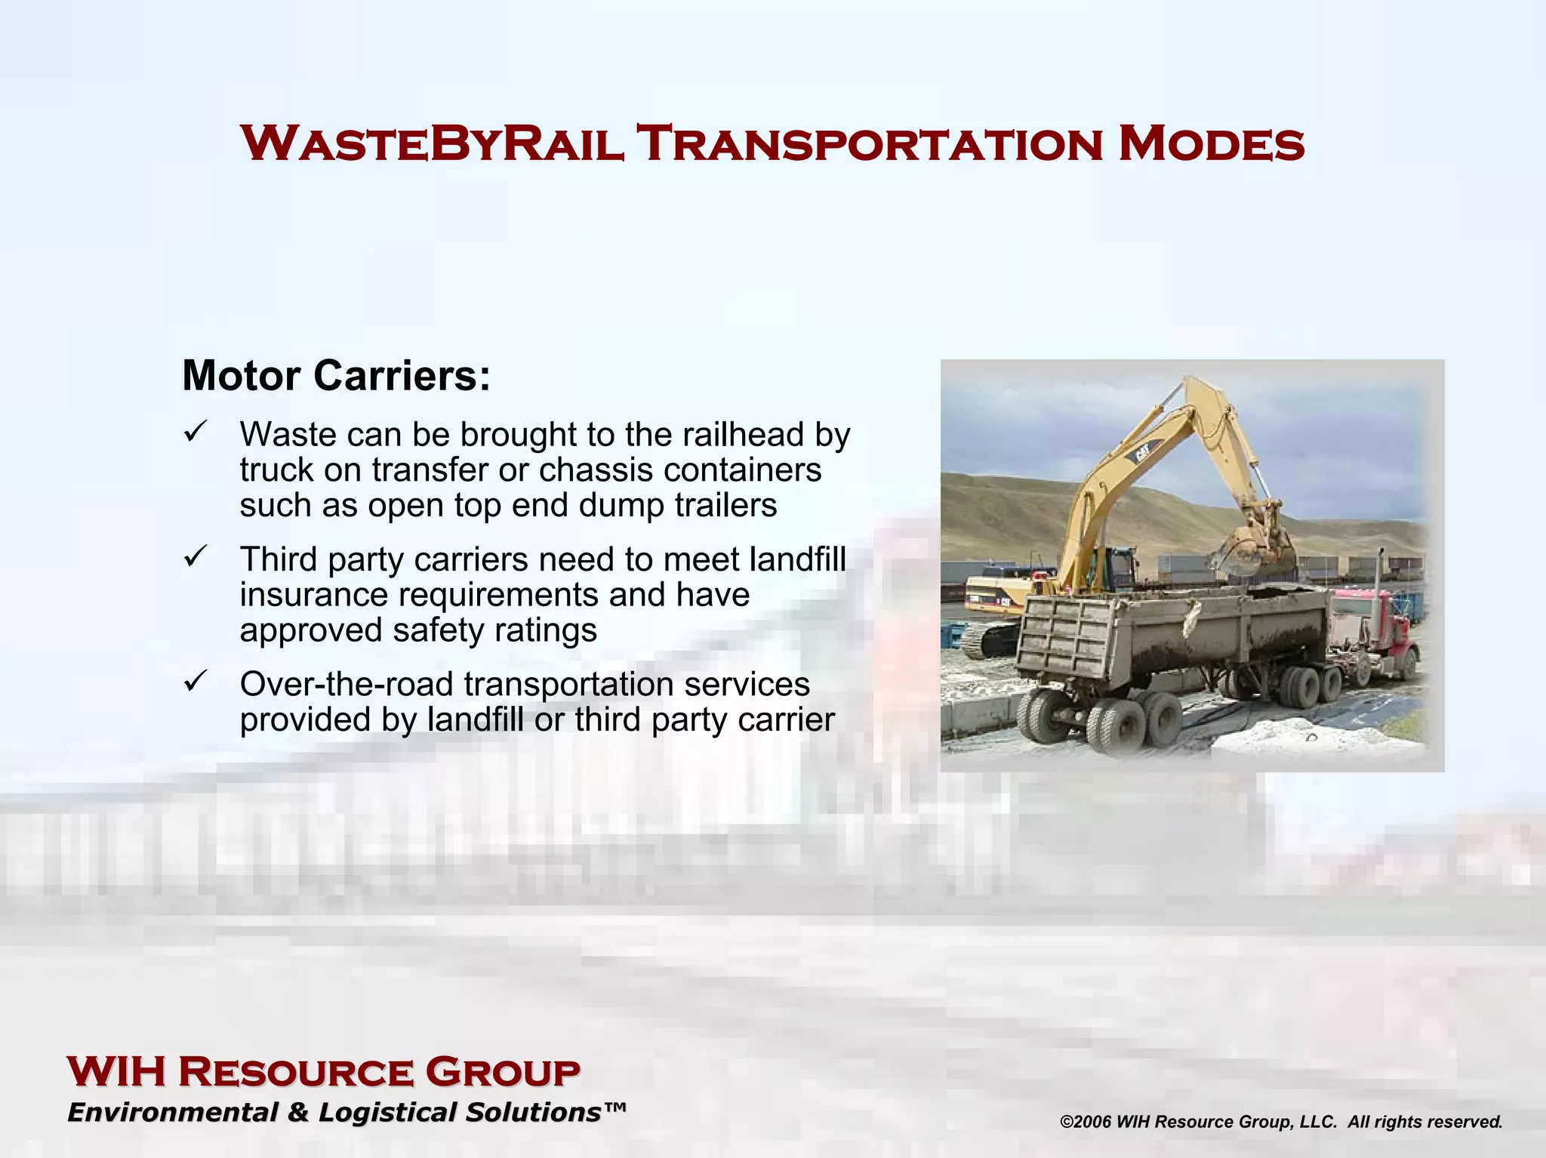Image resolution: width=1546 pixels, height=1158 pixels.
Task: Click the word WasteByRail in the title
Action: [432, 143]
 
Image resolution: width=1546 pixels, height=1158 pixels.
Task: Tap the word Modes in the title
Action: [1211, 143]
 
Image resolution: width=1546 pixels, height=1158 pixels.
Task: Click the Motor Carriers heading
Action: [336, 375]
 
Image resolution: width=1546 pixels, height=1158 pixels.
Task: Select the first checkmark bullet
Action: [194, 433]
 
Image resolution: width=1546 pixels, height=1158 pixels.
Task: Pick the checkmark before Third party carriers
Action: [194, 558]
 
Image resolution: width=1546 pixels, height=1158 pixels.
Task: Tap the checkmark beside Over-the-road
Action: [194, 682]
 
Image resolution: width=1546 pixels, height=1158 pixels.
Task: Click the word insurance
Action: [315, 595]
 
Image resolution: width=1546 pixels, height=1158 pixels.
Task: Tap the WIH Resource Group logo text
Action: [323, 1072]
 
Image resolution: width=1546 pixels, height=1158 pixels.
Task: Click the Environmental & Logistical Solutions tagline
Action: [346, 1113]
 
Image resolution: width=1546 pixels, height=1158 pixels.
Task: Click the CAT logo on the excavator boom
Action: [1138, 454]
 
